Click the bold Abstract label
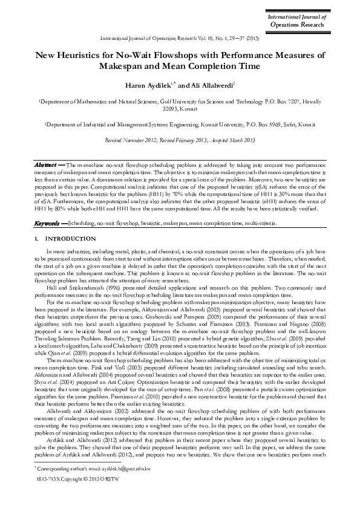pyautogui.click(x=45, y=164)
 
